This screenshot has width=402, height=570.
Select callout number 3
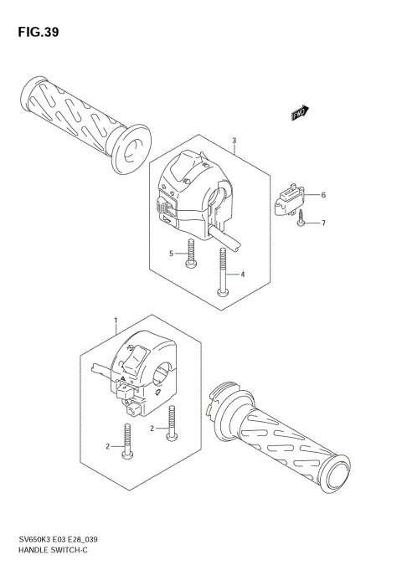tap(234, 141)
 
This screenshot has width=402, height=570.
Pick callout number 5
tap(171, 253)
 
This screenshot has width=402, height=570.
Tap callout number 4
tap(242, 275)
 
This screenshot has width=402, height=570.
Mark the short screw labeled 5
tap(192, 254)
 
